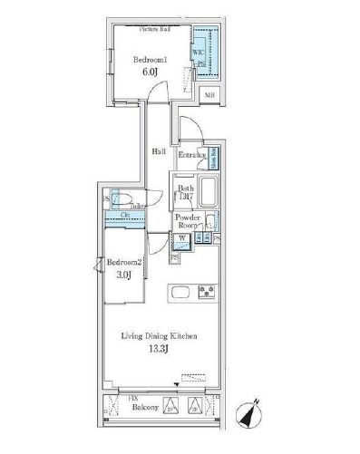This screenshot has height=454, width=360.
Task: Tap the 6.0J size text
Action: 149,75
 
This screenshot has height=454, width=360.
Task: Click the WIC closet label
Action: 197,52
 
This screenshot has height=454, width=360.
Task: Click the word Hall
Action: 158,151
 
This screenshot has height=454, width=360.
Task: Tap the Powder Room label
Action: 189,221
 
